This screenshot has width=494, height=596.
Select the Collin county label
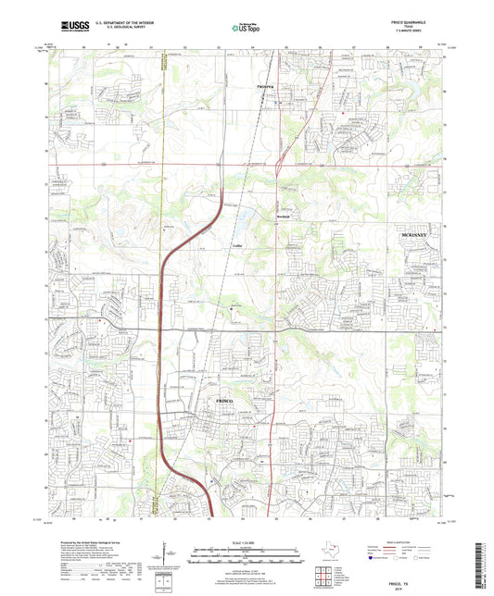pos(237,244)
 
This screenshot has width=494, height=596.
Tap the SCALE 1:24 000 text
pos(247,541)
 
